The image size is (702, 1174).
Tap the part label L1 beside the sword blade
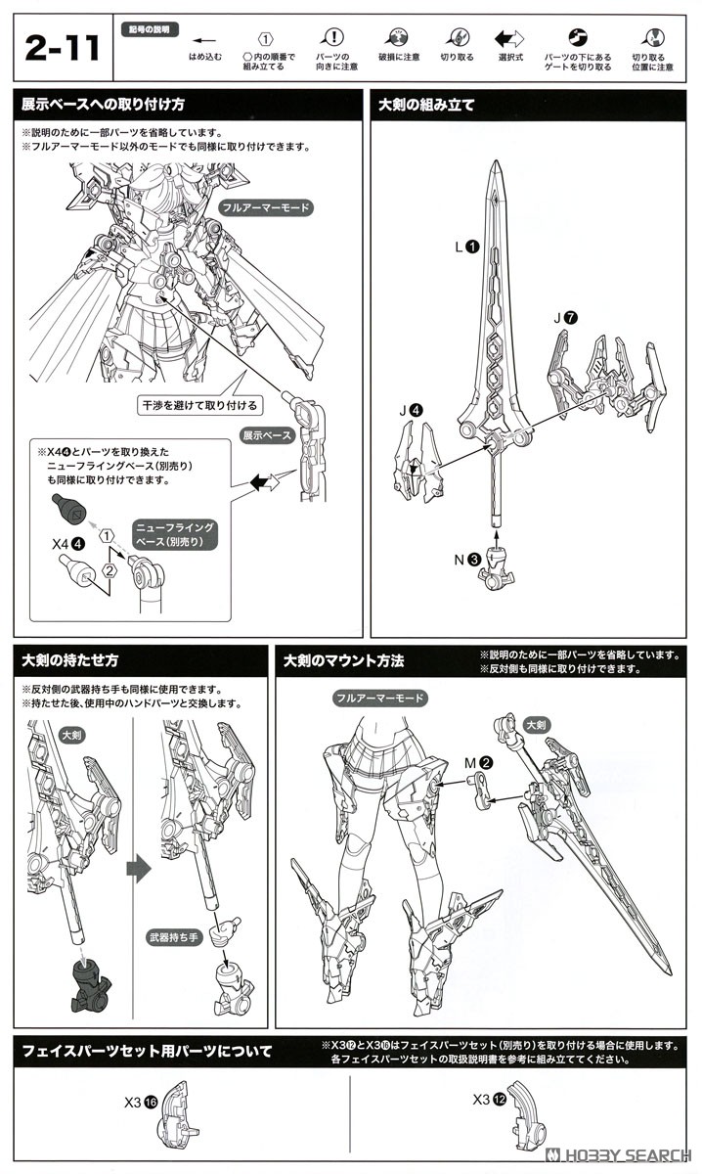pyautogui.click(x=465, y=248)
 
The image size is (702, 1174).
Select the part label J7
pyautogui.click(x=565, y=317)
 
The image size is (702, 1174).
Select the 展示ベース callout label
pyautogui.click(x=266, y=435)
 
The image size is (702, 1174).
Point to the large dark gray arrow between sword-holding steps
pyautogui.click(x=140, y=868)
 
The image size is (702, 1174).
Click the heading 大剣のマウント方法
pyautogui.click(x=343, y=661)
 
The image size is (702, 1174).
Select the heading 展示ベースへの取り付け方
pyautogui.click(x=102, y=105)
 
